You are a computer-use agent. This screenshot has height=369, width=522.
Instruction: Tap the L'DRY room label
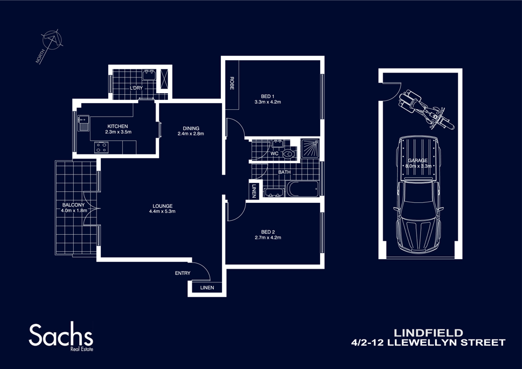(137, 89)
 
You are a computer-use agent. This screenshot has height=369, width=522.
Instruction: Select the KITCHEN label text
(118, 126)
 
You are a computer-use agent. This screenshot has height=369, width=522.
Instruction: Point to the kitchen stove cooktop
(101, 148)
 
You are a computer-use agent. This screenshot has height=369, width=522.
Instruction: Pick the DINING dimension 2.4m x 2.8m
(191, 134)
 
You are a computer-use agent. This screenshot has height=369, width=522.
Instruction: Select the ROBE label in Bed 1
(231, 83)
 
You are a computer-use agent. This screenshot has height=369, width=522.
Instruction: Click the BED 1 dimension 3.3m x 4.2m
(268, 102)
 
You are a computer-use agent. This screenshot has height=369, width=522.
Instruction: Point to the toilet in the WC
(289, 153)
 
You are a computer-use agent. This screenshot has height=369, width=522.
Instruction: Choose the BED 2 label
(268, 232)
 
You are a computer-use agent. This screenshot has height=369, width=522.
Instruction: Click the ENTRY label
(182, 273)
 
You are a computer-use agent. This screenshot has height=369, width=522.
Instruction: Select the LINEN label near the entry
(206, 288)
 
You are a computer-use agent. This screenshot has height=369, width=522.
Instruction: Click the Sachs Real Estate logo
(61, 337)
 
